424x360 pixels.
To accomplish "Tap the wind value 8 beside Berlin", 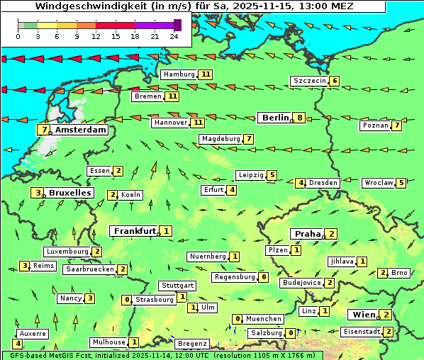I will (300, 118).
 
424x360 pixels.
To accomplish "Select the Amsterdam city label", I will (81, 130).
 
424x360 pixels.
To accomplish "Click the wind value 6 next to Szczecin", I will (334, 81).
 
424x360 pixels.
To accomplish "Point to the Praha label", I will (307, 234).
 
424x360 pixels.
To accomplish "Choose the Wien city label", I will (362, 315).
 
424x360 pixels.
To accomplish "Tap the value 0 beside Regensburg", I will (263, 277).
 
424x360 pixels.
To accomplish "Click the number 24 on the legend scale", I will (174, 36).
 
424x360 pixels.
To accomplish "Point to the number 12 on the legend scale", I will (96, 36).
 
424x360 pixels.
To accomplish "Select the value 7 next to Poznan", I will (397, 125).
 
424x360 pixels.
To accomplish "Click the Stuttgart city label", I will (177, 286).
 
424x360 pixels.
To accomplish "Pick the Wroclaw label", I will (378, 183).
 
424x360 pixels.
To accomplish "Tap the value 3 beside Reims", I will (25, 266).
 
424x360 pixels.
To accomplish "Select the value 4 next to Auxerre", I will (17, 344).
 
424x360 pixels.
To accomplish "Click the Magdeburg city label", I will (221, 139).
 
